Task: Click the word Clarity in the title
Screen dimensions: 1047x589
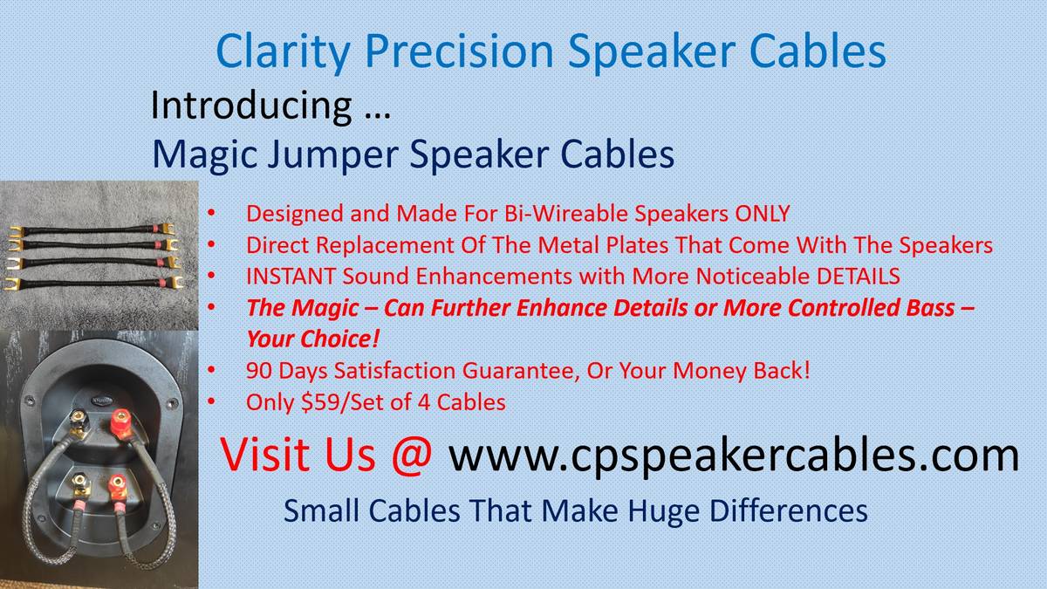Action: (x=283, y=52)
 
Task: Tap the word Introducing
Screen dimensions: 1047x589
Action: (x=251, y=106)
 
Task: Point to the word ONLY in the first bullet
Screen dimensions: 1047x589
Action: (x=763, y=214)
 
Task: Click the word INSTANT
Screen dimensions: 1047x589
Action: (x=291, y=276)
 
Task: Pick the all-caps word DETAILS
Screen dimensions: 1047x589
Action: (x=859, y=276)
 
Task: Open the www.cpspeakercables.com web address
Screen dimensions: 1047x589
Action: (x=734, y=455)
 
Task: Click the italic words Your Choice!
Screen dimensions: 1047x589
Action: (x=312, y=339)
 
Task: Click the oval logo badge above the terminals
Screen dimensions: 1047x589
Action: (x=102, y=401)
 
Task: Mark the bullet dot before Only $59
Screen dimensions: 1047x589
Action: (x=211, y=401)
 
